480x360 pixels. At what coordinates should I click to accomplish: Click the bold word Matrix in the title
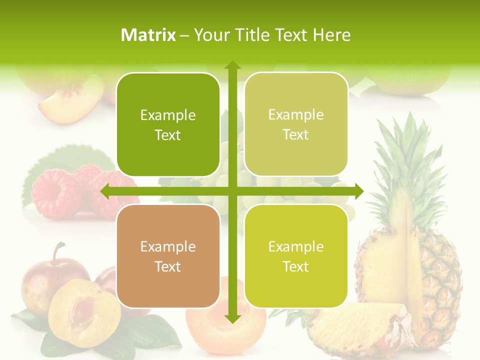(148, 35)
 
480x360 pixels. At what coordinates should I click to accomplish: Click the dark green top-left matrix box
(168, 124)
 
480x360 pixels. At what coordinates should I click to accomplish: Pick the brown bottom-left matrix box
(168, 256)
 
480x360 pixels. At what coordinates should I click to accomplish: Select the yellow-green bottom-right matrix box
(296, 256)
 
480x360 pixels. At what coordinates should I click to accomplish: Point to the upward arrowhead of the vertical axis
(232, 65)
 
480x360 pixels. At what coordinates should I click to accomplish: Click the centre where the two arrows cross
(232, 191)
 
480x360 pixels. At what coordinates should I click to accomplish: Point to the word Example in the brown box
(168, 247)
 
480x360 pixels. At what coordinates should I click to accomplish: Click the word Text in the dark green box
(168, 135)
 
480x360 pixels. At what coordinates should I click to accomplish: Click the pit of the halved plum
(83, 310)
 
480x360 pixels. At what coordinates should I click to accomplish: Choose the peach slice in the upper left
(70, 102)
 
